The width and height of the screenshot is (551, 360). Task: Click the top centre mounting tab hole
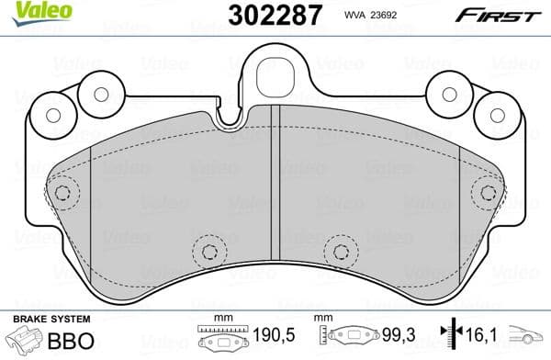pyautogui.click(x=275, y=77)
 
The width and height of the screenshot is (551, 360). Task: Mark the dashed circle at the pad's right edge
pyautogui.click(x=484, y=191)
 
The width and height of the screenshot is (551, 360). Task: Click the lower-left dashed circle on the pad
pyautogui.click(x=208, y=251)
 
